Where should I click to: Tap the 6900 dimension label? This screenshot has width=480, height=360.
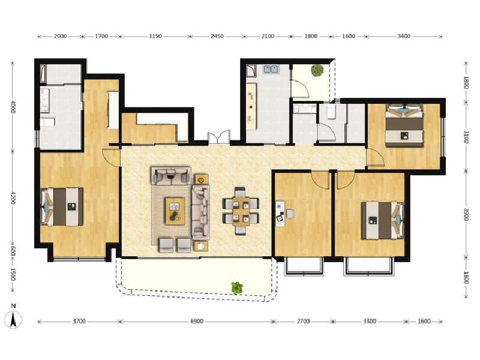point(197,322)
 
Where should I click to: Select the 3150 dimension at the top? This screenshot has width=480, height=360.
point(155,36)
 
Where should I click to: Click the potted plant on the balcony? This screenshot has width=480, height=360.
point(237,288)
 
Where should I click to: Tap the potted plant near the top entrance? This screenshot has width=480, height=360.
point(316,70)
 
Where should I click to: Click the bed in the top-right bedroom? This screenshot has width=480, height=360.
point(404,125)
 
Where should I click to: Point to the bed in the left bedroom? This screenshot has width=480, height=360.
point(62,206)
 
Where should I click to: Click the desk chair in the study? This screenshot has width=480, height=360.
point(290,214)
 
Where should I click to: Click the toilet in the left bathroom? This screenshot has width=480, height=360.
point(48,122)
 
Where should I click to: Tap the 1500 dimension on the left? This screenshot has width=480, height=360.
point(13,277)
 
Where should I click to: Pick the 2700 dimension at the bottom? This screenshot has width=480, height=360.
point(303,322)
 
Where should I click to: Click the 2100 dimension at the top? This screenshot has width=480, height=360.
point(268,36)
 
